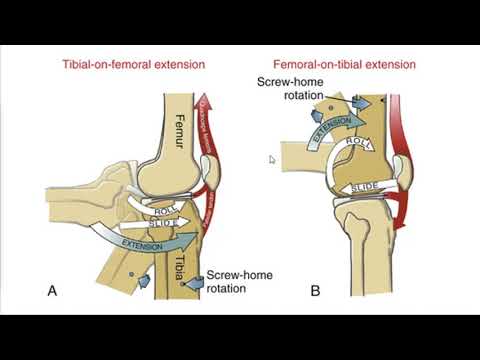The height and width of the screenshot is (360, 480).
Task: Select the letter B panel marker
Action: (x=315, y=290)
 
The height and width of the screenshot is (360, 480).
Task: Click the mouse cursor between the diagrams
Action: (x=271, y=158)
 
